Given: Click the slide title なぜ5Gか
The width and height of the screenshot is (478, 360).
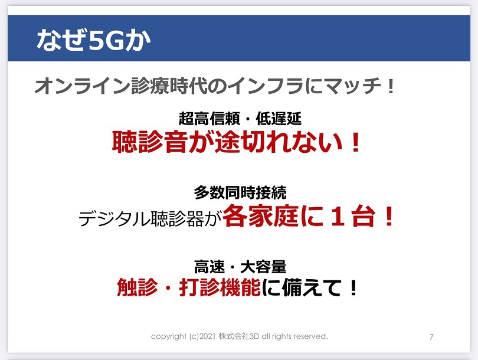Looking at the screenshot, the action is [x=93, y=40].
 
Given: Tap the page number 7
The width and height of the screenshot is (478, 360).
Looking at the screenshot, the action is [x=431, y=337].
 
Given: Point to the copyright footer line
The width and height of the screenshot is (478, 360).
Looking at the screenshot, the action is [x=240, y=336].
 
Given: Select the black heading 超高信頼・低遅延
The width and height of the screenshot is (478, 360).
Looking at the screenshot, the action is [x=240, y=119].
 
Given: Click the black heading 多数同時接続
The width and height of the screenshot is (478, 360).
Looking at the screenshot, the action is [x=240, y=192].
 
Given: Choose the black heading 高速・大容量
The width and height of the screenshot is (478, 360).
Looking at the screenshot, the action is [x=240, y=267].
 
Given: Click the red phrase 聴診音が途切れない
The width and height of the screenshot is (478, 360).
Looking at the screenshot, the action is [x=227, y=142].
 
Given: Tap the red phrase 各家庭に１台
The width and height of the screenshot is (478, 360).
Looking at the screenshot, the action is [x=299, y=216].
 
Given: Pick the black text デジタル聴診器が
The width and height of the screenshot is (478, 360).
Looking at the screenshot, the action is [x=150, y=218].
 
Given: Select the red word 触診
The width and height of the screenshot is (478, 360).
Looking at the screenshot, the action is [x=137, y=287].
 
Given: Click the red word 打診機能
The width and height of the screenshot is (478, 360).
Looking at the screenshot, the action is [x=220, y=287].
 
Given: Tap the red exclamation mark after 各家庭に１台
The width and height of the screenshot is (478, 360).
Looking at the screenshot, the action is [x=389, y=216].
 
